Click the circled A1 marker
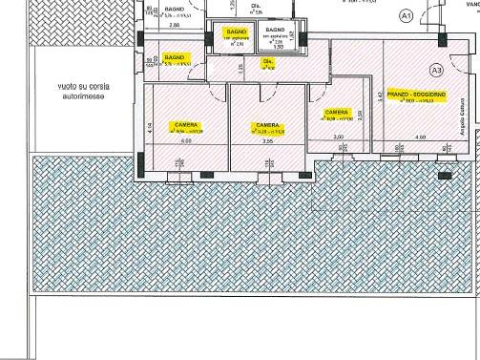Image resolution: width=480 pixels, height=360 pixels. (406, 16)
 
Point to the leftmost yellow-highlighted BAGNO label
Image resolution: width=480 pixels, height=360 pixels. (174, 57)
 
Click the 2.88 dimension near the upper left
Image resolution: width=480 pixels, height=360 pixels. (175, 26)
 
